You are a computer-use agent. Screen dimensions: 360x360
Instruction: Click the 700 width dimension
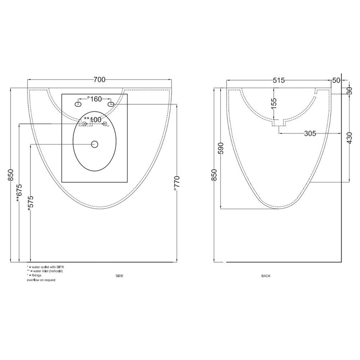99,80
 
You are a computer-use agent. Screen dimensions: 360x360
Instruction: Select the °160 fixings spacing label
94,99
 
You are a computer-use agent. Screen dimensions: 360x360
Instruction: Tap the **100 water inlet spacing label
93,119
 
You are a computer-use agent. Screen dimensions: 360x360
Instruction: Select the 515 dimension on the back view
278,80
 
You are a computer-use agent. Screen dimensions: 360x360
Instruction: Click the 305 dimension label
310,133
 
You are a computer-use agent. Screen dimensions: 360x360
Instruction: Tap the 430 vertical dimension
349,138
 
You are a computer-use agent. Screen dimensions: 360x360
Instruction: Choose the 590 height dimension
220,148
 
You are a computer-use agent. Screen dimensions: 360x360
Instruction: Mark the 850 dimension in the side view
11,175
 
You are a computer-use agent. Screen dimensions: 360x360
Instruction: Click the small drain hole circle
94,144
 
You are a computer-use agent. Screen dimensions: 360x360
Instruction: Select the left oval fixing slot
79,104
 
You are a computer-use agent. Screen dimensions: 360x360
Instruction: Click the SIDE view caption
119,276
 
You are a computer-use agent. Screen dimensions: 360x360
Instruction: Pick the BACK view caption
266,276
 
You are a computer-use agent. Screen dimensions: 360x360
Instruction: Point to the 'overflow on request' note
41,280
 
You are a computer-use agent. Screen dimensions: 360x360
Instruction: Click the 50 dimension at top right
336,80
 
